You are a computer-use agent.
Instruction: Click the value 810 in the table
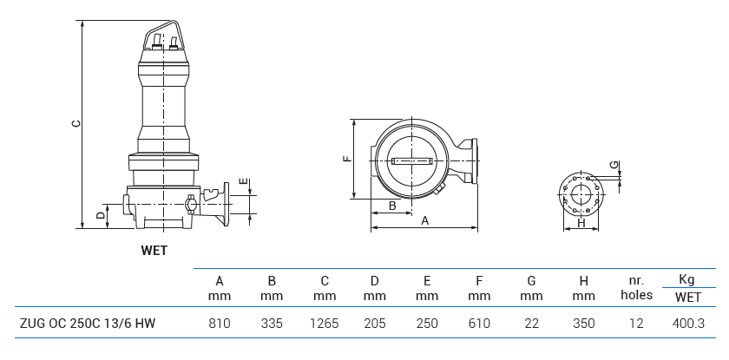pyautogui.click(x=220, y=324)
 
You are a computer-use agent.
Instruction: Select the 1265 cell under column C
pyautogui.click(x=325, y=324)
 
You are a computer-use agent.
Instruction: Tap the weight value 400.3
pyautogui.click(x=688, y=324)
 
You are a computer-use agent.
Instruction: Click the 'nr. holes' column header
pyautogui.click(x=636, y=287)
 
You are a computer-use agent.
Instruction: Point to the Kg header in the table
pyautogui.click(x=687, y=279)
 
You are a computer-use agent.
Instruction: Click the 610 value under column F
pyautogui.click(x=479, y=324)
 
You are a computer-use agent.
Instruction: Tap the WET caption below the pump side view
pyautogui.click(x=154, y=251)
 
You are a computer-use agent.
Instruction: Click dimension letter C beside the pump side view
pyautogui.click(x=76, y=123)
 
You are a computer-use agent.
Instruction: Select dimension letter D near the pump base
pyautogui.click(x=101, y=213)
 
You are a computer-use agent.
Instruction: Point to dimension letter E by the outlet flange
pyautogui.click(x=246, y=183)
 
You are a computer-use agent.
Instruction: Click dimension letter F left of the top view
pyautogui.click(x=346, y=159)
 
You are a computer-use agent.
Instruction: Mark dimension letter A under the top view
pyautogui.click(x=424, y=221)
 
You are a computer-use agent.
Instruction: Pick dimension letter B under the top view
pyautogui.click(x=392, y=206)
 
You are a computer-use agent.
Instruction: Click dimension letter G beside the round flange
pyautogui.click(x=613, y=165)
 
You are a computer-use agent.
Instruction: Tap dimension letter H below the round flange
pyautogui.click(x=581, y=223)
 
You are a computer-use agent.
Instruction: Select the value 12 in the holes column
pyautogui.click(x=636, y=324)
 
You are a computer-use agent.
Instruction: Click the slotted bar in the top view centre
pyautogui.click(x=411, y=160)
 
